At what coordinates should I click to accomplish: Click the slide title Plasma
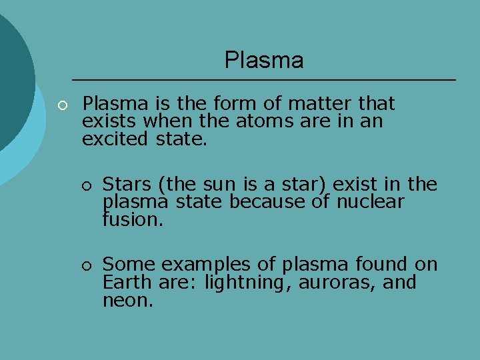[264, 61]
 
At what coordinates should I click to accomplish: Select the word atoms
[253, 122]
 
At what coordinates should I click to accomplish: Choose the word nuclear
[370, 202]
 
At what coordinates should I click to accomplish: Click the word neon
[128, 301]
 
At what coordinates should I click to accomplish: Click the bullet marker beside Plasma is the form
[62, 105]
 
